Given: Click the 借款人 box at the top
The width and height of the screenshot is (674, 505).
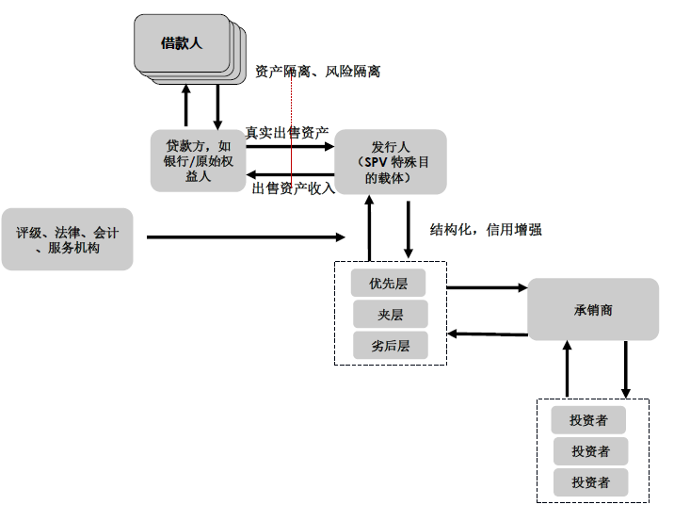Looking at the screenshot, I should click(x=182, y=43).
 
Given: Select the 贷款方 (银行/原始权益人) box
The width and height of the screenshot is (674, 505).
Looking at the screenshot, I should click(x=197, y=161).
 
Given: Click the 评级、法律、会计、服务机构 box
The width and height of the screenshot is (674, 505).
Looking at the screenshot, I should click(x=67, y=238).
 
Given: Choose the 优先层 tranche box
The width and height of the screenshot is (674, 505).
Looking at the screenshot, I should click(x=390, y=283).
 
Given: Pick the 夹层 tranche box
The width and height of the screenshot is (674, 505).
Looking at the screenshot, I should click(x=390, y=314).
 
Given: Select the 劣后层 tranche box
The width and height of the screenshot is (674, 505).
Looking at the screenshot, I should click(x=390, y=345).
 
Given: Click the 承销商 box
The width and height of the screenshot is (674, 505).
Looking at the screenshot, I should click(x=592, y=309).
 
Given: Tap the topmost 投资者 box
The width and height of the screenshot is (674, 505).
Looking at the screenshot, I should click(x=589, y=420).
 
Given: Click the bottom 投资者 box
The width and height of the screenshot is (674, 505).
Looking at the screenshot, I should click(x=589, y=481).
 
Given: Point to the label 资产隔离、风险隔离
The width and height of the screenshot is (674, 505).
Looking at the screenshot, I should click(x=318, y=72).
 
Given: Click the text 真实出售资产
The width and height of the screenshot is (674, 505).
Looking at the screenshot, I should click(x=287, y=133).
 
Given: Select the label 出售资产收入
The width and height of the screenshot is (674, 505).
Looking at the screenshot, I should click(x=293, y=187).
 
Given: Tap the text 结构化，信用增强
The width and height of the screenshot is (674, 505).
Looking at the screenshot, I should click(x=486, y=229).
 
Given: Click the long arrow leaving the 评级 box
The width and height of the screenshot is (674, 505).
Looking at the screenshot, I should click(x=245, y=237).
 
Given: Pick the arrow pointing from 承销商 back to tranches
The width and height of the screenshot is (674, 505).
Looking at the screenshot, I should click(x=487, y=334).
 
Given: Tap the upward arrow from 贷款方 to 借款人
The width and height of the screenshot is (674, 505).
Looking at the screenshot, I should click(x=186, y=105).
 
